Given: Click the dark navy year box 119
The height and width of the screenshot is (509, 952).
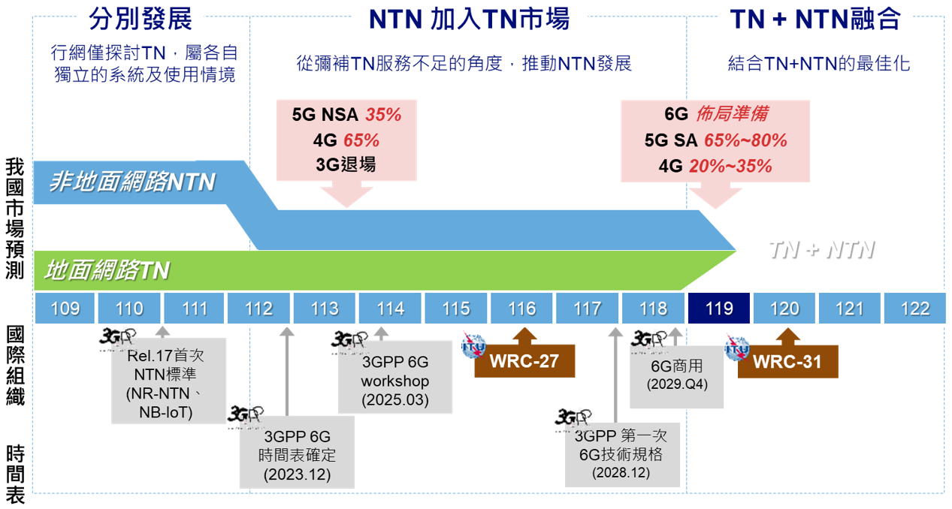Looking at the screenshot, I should click(x=719, y=309).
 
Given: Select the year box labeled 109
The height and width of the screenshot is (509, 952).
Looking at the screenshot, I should click(x=65, y=309).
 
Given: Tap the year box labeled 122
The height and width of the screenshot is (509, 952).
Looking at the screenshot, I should click(x=914, y=309).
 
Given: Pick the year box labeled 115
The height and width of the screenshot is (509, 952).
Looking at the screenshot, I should click(x=456, y=309).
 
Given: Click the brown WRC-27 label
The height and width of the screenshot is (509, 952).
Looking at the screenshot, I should click(x=524, y=361).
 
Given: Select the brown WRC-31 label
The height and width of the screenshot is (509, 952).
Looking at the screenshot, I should click(x=787, y=361).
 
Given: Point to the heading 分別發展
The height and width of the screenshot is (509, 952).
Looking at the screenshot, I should click(x=141, y=19).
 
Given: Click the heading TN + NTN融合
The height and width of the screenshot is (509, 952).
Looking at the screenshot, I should click(x=815, y=19).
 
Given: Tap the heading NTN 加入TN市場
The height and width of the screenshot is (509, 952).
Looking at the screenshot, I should click(x=469, y=19).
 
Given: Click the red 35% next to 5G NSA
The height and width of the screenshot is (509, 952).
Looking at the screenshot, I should click(x=383, y=115).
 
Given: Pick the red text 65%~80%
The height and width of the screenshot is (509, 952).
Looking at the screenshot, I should click(x=747, y=140).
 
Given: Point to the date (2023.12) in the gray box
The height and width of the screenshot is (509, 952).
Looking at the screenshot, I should click(x=297, y=474).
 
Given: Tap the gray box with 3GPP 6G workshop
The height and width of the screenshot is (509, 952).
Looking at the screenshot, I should click(x=395, y=381).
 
